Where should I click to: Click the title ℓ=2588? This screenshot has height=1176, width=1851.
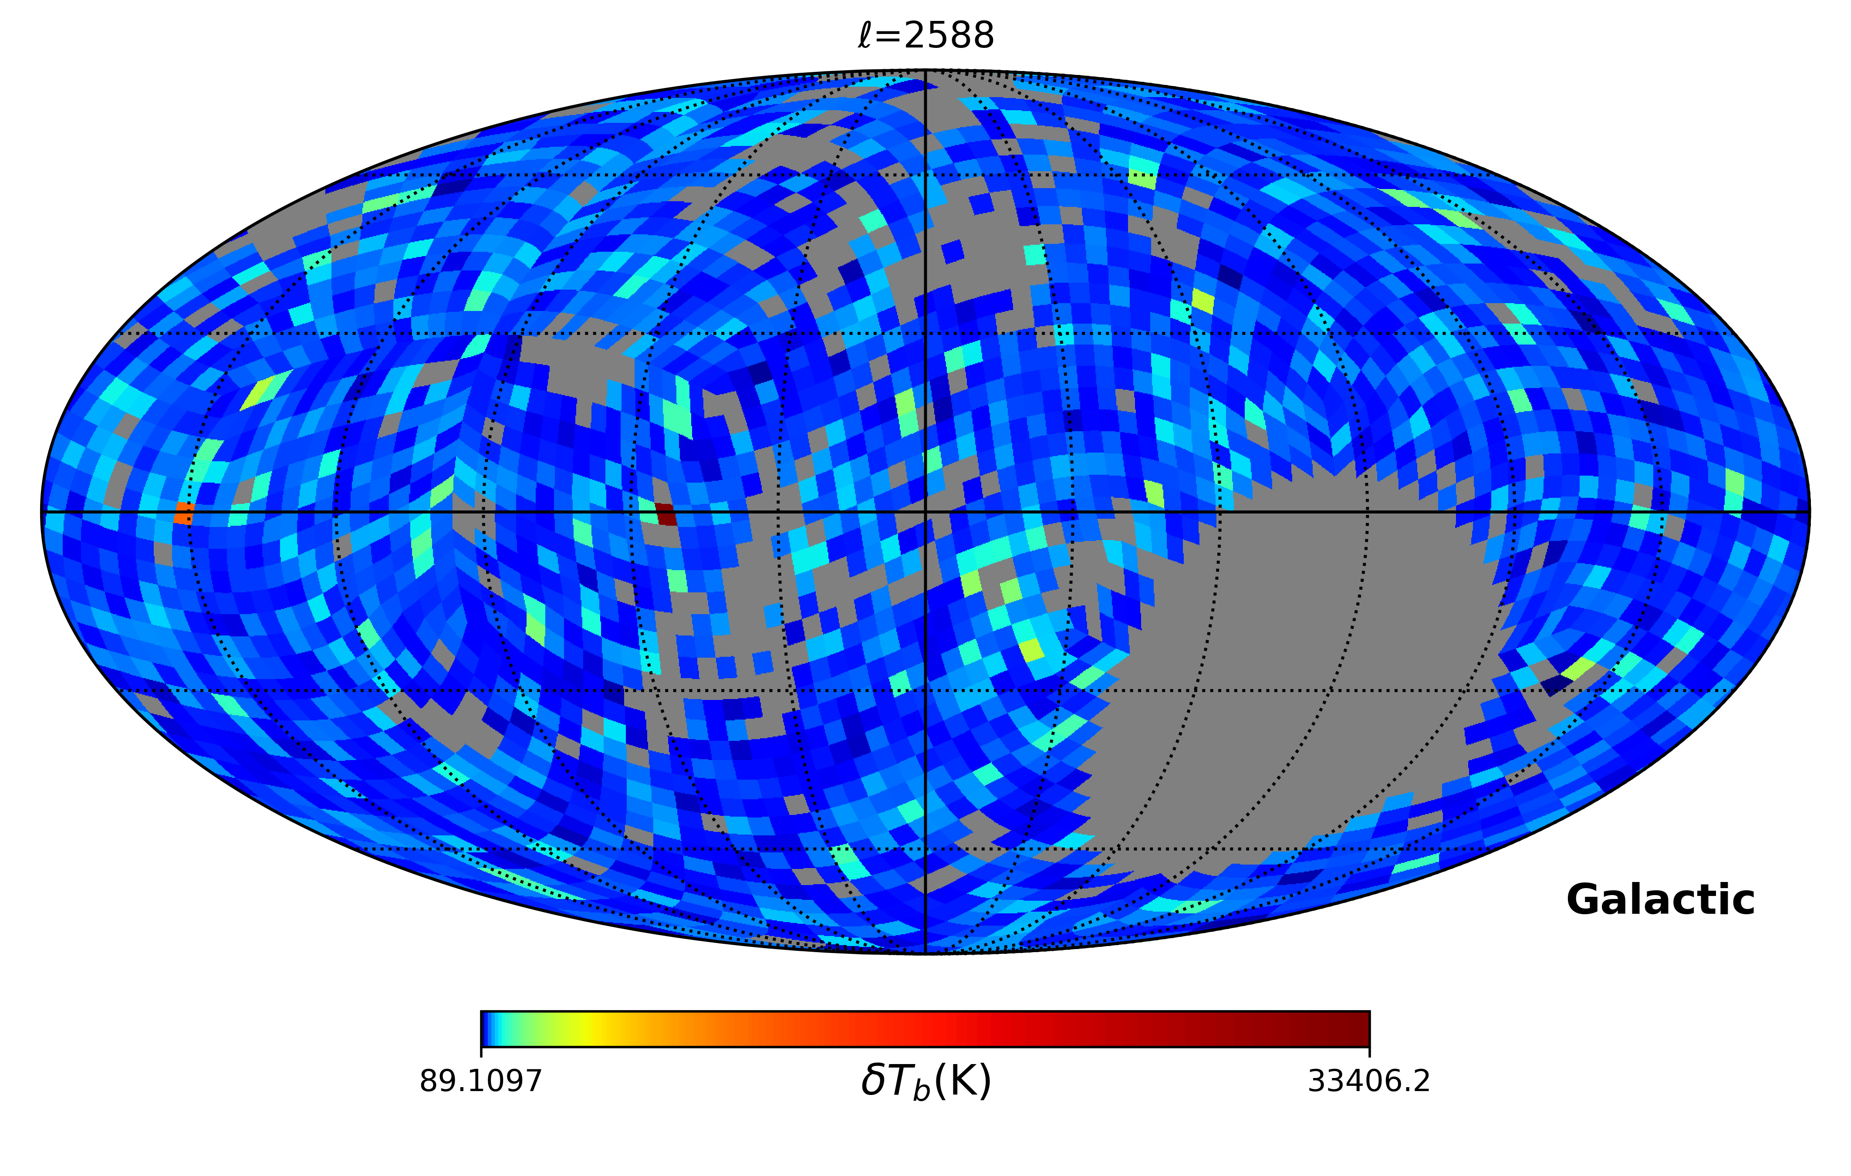click(x=925, y=35)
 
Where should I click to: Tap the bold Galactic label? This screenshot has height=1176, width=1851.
click(x=1660, y=900)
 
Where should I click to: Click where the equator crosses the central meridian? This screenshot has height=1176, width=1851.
click(x=925, y=511)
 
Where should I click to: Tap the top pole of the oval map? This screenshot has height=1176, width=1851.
click(x=925, y=70)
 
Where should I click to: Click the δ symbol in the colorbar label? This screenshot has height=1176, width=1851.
click(x=872, y=1081)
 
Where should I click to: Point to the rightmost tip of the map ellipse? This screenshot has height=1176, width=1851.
click(x=1810, y=511)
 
